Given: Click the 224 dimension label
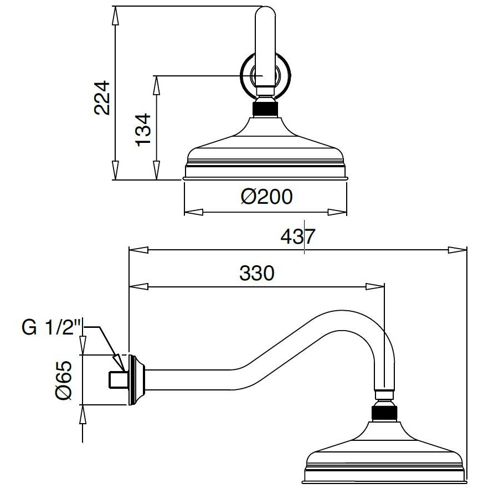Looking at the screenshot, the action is (x=102, y=97).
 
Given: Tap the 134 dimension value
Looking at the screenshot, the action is (x=143, y=130).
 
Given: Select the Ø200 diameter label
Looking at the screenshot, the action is (x=266, y=197).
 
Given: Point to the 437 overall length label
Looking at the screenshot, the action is (x=297, y=236).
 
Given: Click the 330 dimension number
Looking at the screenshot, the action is (x=256, y=273).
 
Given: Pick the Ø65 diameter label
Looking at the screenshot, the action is (x=64, y=380).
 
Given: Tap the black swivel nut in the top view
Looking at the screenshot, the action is (x=265, y=109).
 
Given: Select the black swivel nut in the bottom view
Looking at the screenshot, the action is (x=384, y=413).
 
